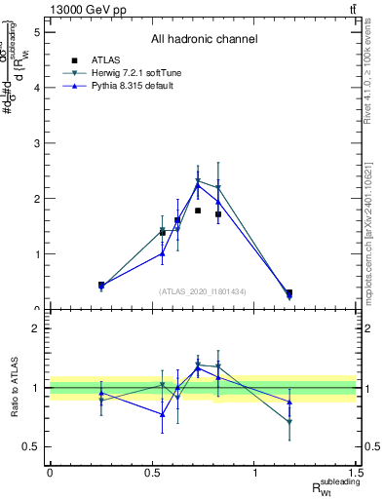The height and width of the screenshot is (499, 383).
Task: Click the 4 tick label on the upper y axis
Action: [x=36, y=88]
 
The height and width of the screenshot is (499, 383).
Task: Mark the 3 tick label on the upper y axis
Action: [x=36, y=143]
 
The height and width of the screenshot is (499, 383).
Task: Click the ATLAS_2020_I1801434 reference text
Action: [x=203, y=291]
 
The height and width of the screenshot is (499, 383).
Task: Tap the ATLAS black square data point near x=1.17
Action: [x=289, y=292]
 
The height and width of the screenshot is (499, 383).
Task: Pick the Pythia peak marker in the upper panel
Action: [x=198, y=185]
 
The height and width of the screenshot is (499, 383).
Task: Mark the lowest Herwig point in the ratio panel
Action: [x=289, y=422]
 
